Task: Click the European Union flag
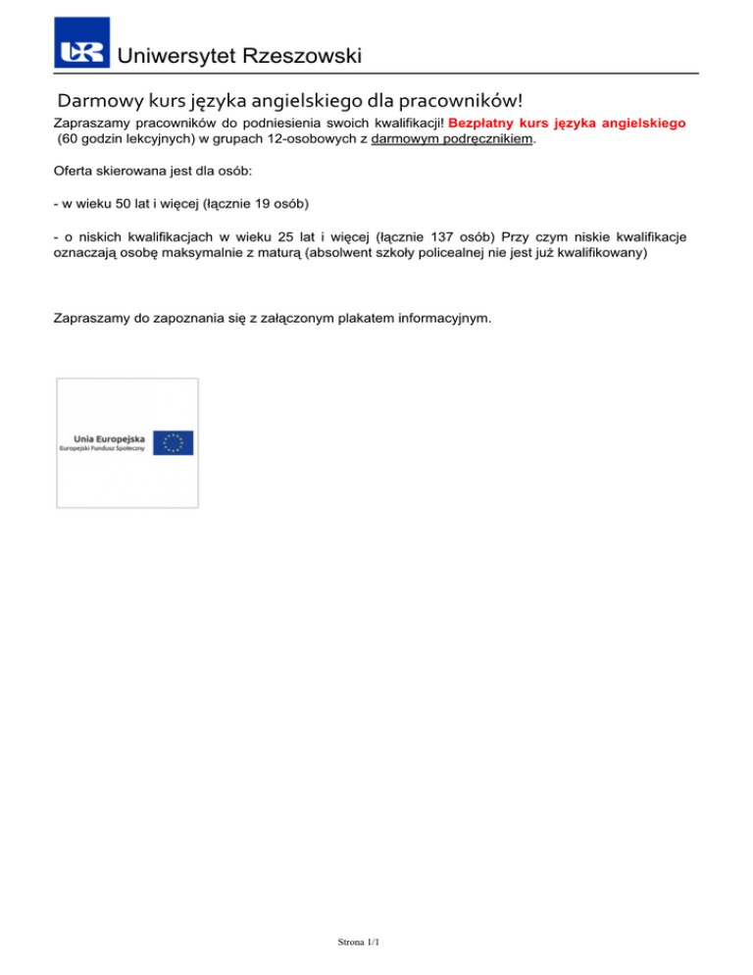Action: tap(173, 443)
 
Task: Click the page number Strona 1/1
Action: tap(356, 942)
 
